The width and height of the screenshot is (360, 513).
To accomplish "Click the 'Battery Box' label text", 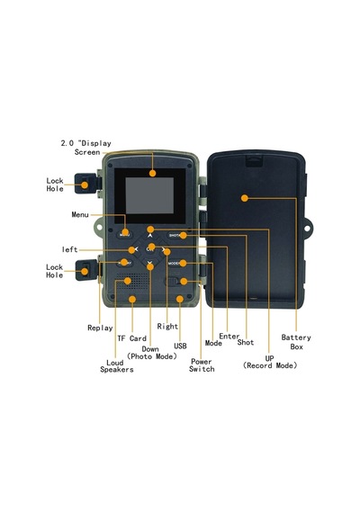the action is click(x=296, y=342).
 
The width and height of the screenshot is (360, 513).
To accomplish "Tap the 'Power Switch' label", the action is click(x=202, y=365).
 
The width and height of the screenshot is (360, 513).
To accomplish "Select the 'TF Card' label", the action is click(x=132, y=338).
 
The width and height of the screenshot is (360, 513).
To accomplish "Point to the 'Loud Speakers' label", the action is click(x=117, y=366).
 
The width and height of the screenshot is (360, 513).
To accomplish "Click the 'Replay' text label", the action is click(x=100, y=328).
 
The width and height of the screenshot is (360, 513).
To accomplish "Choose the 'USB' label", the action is click(x=180, y=346).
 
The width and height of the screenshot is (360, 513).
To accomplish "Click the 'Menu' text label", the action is click(x=80, y=214).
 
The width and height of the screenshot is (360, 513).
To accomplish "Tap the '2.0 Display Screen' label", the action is click(x=86, y=148).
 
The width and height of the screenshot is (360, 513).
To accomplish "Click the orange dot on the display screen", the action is click(x=152, y=174).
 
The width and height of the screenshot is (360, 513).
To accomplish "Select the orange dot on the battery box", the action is click(x=245, y=198).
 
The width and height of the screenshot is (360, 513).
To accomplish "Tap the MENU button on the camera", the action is click(x=125, y=235).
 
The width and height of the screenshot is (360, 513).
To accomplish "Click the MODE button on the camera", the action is click(x=176, y=264).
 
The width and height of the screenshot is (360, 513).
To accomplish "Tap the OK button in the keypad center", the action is click(x=150, y=249).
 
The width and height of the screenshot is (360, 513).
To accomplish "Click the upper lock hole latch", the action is click(x=85, y=184).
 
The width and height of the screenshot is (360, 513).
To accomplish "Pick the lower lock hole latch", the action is click(x=86, y=270).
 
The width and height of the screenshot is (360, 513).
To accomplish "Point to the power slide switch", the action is click(x=173, y=282).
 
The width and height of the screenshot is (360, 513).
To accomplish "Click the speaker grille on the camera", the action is click(x=132, y=282).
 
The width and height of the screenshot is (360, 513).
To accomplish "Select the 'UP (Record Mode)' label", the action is click(x=270, y=362).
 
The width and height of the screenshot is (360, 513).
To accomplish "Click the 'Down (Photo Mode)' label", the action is click(x=152, y=353).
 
